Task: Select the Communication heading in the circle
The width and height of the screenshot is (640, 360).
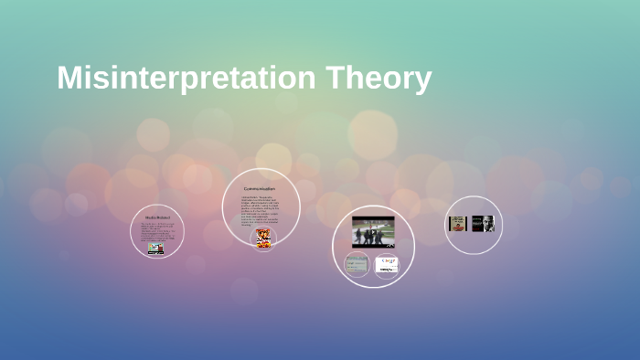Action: pyautogui.click(x=260, y=189)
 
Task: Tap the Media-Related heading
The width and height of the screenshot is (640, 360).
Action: pyautogui.click(x=157, y=217)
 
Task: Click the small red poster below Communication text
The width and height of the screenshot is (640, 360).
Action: pyautogui.click(x=263, y=238)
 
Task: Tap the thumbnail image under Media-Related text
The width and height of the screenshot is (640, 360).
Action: pyautogui.click(x=156, y=248)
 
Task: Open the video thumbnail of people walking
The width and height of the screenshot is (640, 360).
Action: pyautogui.click(x=373, y=232)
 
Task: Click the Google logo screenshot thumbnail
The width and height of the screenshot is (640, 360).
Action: pyautogui.click(x=387, y=264)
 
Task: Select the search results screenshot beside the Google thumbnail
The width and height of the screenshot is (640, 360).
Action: pyautogui.click(x=357, y=265)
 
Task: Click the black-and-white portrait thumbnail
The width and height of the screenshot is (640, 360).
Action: pyautogui.click(x=483, y=224)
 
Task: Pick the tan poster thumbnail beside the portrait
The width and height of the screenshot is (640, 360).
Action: pyautogui.click(x=458, y=224)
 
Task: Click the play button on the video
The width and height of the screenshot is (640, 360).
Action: pyautogui.click(x=373, y=232)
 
